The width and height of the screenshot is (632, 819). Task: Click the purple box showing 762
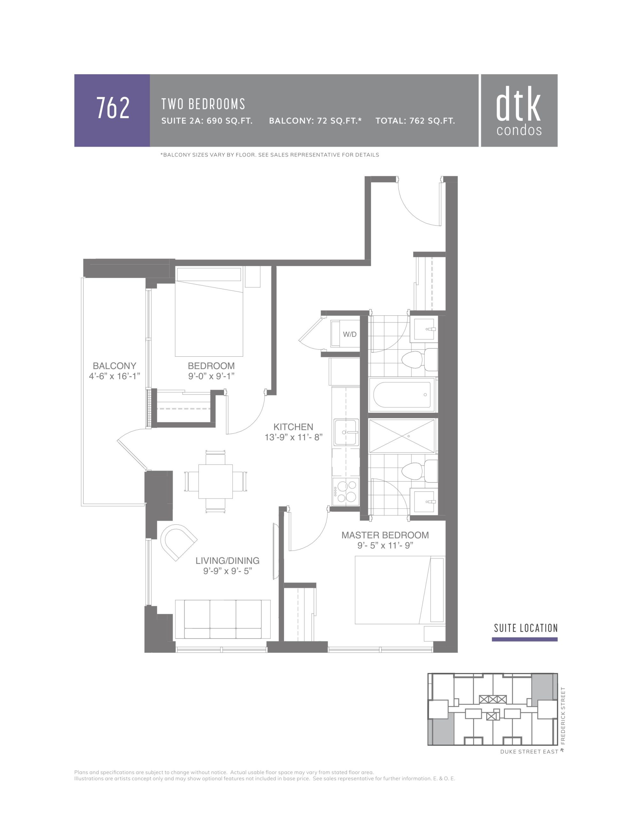tap(112, 110)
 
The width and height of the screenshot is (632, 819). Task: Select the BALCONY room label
tap(114, 366)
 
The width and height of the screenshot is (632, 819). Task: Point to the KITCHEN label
tap(293, 427)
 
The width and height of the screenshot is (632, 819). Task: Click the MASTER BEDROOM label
tap(385, 535)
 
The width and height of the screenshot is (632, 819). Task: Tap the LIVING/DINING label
tap(227, 561)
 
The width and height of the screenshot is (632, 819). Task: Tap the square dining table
tap(215, 481)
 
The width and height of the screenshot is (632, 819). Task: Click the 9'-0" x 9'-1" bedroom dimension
tap(211, 376)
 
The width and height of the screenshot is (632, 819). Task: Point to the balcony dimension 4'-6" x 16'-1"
tap(114, 376)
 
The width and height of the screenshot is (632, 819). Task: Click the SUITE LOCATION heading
tap(526, 628)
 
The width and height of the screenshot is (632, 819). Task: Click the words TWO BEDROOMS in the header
tap(203, 104)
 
